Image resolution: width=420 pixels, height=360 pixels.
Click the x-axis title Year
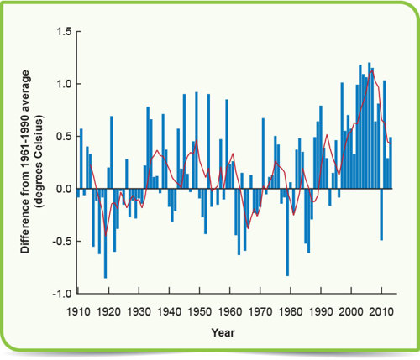click(223, 332)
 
